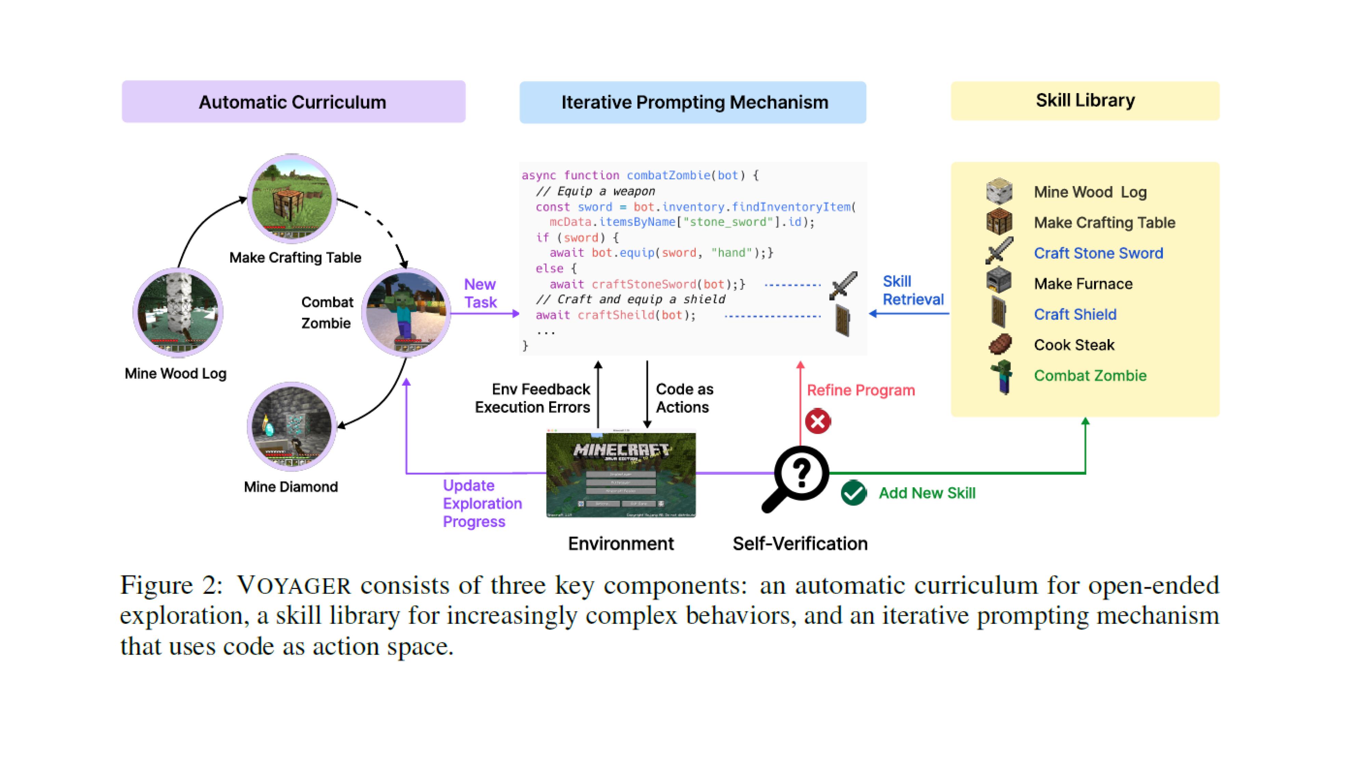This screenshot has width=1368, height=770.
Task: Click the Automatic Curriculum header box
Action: [x=293, y=102]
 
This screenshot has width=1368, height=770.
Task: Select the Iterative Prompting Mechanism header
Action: [x=693, y=102]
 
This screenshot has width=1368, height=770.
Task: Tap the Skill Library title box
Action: [x=1084, y=100]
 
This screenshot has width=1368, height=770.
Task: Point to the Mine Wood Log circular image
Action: [x=177, y=312]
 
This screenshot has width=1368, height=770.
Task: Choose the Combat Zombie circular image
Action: [x=406, y=312]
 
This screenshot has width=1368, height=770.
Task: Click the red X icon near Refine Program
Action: [x=818, y=421]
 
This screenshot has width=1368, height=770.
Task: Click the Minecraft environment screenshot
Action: [x=621, y=475]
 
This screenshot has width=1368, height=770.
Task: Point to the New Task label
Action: [x=480, y=293]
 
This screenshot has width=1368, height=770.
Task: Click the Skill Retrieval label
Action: [x=913, y=290]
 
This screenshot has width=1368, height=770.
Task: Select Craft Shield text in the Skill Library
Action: [x=1075, y=314]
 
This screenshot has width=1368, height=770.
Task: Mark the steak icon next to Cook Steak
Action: [x=1000, y=344]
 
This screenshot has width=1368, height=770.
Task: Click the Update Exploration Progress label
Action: [x=482, y=503]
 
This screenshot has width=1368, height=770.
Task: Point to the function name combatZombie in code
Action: [x=668, y=175]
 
